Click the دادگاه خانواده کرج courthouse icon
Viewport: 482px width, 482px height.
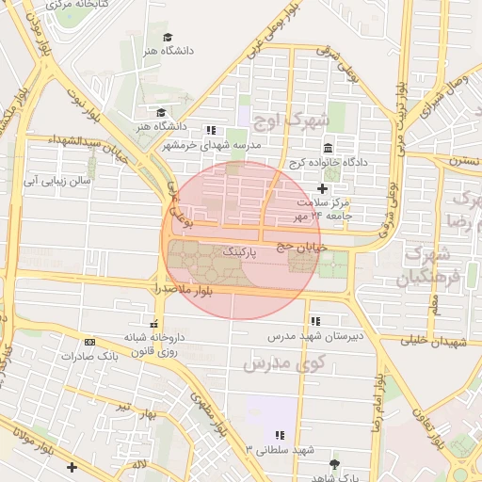[x=328, y=149]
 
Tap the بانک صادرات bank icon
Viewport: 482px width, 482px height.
[x=89, y=342]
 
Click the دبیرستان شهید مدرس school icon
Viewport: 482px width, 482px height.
[x=315, y=321]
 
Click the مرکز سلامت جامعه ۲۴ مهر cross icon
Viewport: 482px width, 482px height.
[x=323, y=189]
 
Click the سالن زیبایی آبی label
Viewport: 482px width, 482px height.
[x=56, y=178]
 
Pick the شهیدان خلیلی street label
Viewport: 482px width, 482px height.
[x=433, y=342]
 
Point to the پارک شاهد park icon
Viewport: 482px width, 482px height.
[x=334, y=463]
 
